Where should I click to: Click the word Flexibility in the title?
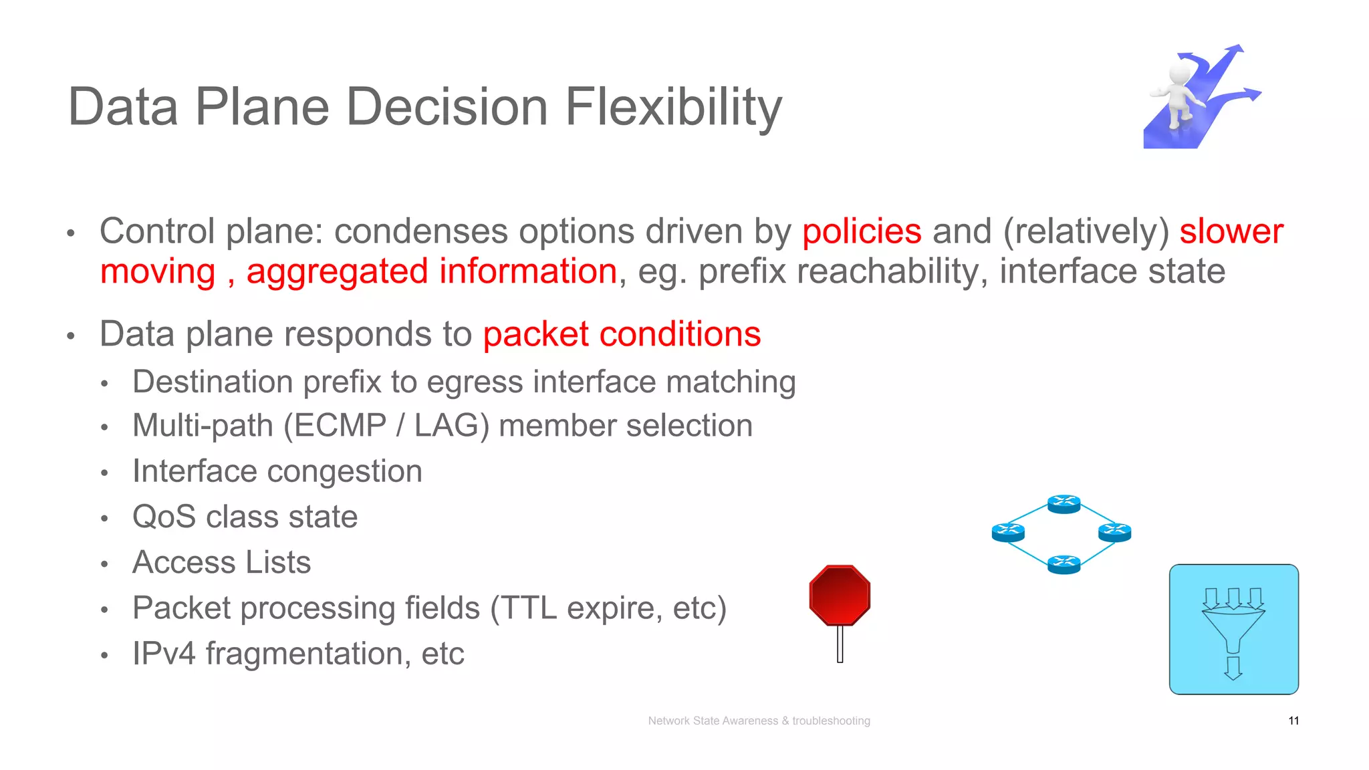click(673, 107)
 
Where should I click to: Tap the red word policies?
click(862, 232)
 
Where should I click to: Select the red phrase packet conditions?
click(622, 334)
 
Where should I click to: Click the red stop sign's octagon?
click(840, 595)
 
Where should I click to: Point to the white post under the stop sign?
click(840, 644)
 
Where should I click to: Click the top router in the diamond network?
click(1064, 503)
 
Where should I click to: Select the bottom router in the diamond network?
click(1064, 564)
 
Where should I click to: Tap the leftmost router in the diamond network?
click(1008, 533)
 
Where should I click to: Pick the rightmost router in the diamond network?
click(1114, 533)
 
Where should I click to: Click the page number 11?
click(1293, 721)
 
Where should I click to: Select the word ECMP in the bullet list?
click(340, 426)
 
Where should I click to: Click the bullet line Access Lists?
click(221, 562)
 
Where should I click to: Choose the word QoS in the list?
click(164, 517)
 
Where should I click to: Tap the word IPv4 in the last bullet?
click(164, 653)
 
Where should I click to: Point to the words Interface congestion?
click(277, 471)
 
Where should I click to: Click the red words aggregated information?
click(431, 271)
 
